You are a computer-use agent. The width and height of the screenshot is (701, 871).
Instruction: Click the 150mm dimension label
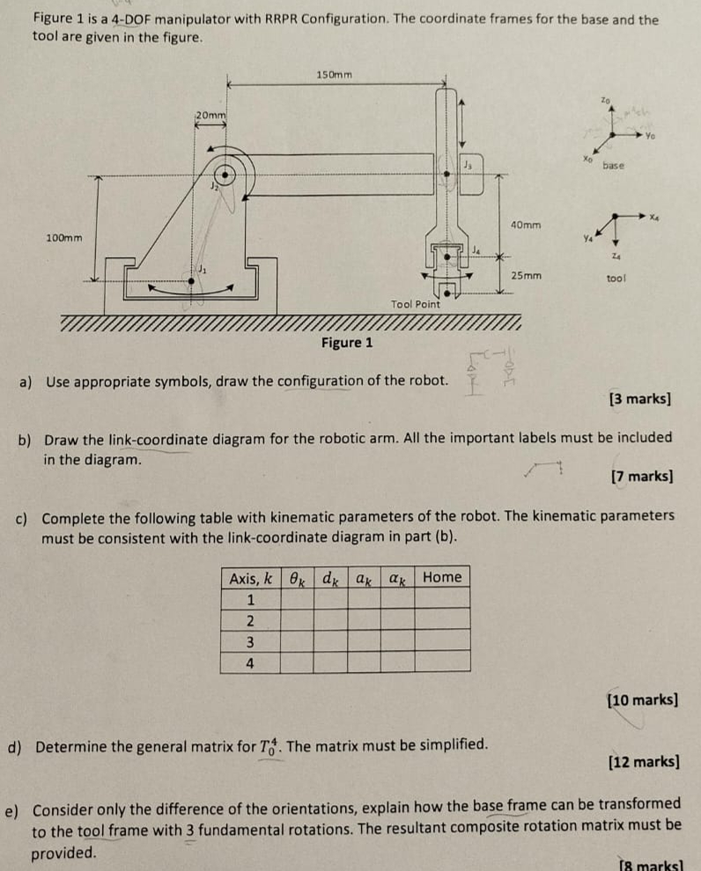tap(334, 74)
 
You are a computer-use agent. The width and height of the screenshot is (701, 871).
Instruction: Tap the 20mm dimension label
tap(210, 114)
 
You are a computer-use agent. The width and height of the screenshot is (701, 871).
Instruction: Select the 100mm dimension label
tap(64, 238)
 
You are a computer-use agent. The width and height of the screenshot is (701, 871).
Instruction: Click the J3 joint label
tap(469, 165)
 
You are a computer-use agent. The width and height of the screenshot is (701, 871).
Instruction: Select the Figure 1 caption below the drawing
tap(347, 343)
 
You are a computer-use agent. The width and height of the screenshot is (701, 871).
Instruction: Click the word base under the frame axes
tap(613, 166)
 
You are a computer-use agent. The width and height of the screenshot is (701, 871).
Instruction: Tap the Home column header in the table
tap(441, 578)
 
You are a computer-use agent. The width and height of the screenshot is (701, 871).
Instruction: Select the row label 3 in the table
tap(250, 642)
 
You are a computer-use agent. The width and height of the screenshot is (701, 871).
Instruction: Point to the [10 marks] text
tap(643, 700)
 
